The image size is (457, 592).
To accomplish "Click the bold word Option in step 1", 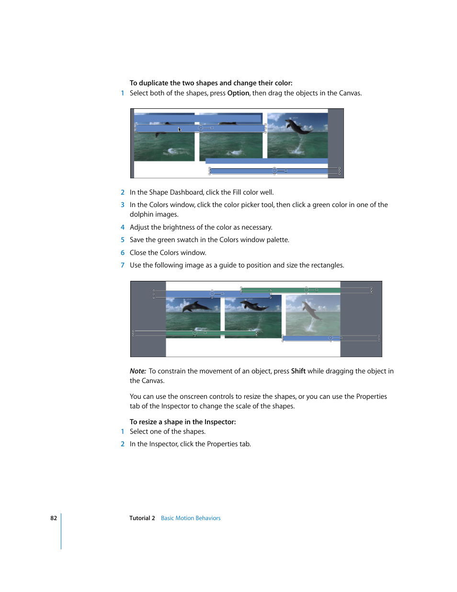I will point(238,93).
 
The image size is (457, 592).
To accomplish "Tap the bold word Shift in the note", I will point(298,371).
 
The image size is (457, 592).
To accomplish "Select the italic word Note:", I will point(138,371).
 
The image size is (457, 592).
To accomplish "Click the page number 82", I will point(54,518).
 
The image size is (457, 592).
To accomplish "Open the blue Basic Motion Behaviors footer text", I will point(191,518).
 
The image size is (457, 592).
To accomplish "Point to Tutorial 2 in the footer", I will point(142,518).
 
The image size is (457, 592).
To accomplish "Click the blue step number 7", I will point(123,266).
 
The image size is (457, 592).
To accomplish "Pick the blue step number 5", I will point(123,240).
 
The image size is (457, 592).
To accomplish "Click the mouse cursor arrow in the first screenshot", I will point(180,129).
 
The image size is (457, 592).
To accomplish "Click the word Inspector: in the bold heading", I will point(220,422).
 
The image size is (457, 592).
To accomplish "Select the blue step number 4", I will point(123,228).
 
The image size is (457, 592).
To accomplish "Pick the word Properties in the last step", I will point(222,444).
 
